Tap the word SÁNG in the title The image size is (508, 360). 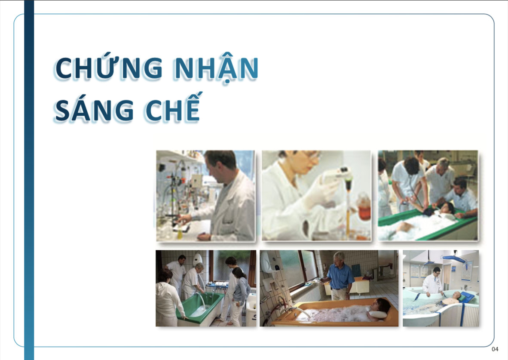click(94, 110)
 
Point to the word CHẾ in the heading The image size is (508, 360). click(173, 107)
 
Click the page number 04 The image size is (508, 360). click(495, 349)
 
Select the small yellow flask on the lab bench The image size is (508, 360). click(180, 234)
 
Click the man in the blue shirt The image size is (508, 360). click(339, 276)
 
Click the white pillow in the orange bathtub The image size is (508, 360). click(378, 314)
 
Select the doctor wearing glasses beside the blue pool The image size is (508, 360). click(433, 282)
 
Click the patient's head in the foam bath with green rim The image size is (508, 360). click(447, 208)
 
